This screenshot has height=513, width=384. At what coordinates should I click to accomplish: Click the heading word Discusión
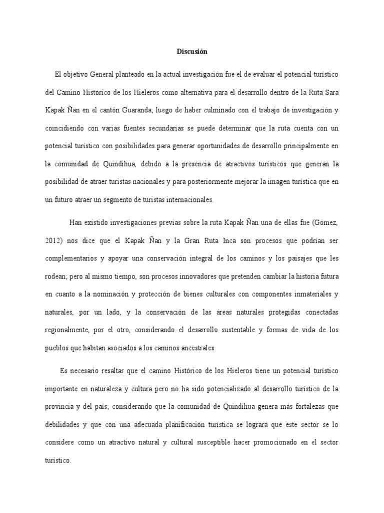point(191,51)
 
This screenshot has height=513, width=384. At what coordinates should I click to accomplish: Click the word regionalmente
point(69,329)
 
